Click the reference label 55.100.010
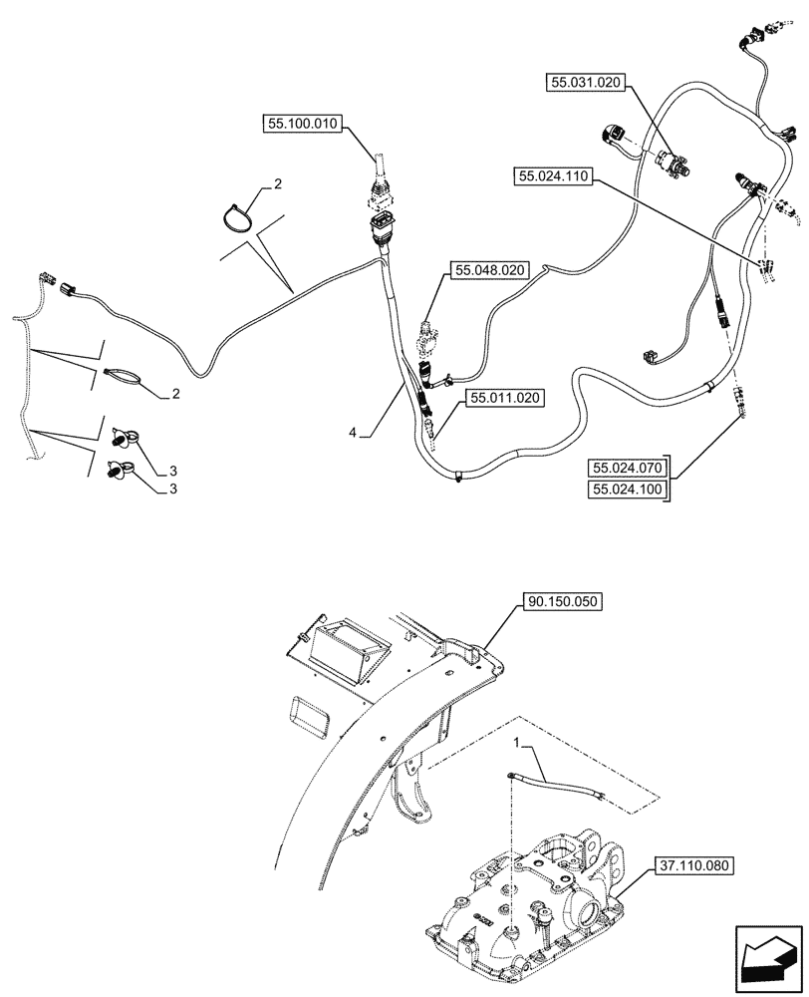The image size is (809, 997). [303, 125]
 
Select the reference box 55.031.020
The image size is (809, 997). [586, 84]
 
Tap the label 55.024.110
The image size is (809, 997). [554, 177]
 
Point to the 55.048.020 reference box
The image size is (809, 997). [490, 270]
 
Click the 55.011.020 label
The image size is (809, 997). [503, 399]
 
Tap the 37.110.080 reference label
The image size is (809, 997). [694, 866]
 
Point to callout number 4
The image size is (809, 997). [353, 433]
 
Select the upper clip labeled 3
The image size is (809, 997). [123, 435]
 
